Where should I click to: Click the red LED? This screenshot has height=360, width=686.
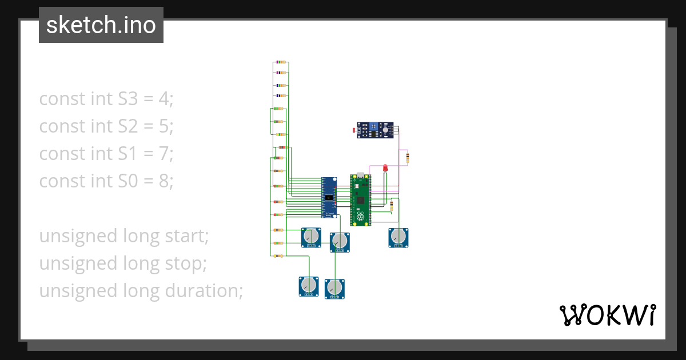(x=385, y=167)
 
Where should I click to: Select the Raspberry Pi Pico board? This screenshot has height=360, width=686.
(x=360, y=199)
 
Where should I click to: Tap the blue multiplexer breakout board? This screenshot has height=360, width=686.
(x=329, y=197)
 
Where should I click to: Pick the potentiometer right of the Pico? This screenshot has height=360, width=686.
(x=398, y=237)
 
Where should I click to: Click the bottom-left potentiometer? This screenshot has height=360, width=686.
(x=309, y=286)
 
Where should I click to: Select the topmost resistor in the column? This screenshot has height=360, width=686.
(x=281, y=62)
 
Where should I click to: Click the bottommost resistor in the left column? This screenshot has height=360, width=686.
(x=278, y=257)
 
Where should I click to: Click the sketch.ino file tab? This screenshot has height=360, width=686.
(x=101, y=25)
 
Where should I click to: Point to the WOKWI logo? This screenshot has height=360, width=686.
(x=607, y=315)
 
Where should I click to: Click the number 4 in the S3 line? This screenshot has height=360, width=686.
(x=164, y=99)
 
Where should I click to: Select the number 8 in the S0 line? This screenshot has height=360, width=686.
(x=165, y=181)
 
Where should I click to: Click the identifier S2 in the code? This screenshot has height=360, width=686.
(x=128, y=126)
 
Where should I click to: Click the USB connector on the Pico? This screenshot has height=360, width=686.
(x=360, y=175)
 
